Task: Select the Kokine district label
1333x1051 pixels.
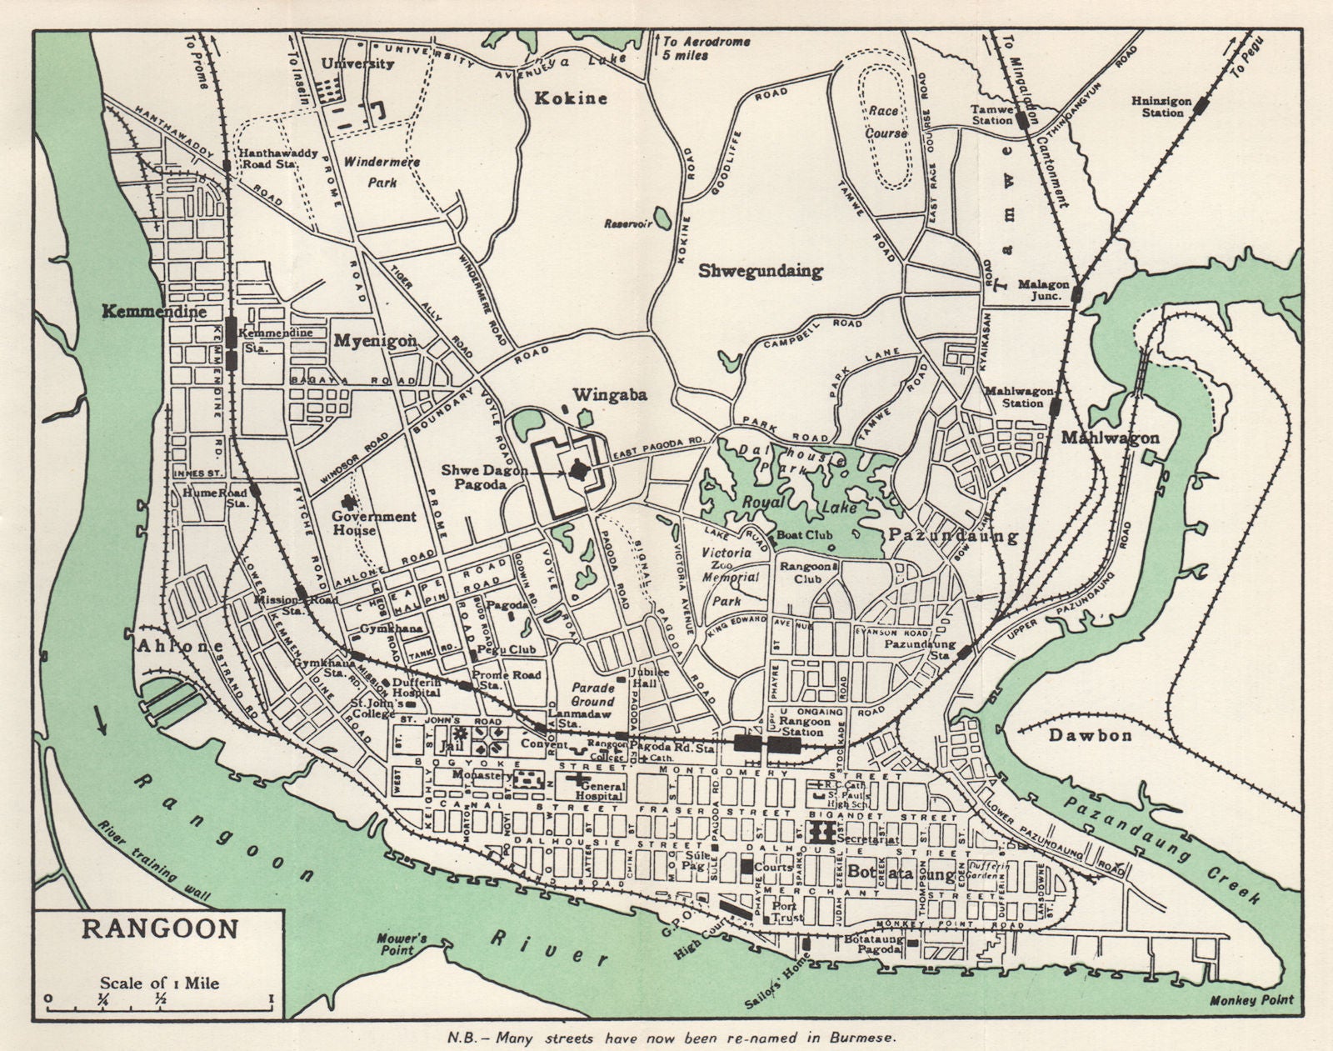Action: (x=571, y=98)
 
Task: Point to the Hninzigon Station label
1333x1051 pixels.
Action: (x=1157, y=107)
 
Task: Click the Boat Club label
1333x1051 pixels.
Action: (x=800, y=535)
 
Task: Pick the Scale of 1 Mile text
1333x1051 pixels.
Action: (x=160, y=983)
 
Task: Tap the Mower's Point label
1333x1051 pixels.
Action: (x=402, y=943)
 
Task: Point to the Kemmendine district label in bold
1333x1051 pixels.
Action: (x=153, y=313)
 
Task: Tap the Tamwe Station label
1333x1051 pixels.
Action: (x=992, y=114)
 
